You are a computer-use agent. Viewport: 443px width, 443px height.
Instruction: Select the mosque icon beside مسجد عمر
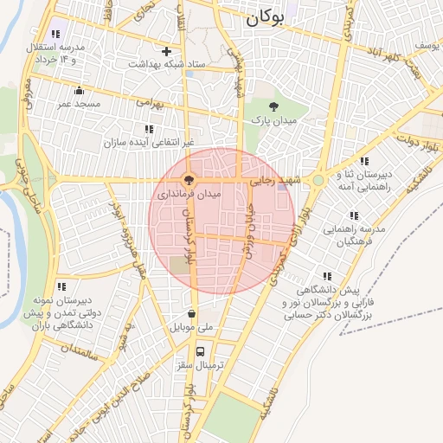coord(80,91)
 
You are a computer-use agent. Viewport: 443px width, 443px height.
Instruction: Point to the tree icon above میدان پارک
coord(273,106)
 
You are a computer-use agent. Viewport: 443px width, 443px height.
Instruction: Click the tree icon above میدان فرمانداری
coord(188,180)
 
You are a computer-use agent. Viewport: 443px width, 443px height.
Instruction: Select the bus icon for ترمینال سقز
coord(201,352)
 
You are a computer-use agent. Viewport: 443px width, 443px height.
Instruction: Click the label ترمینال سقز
coord(201,366)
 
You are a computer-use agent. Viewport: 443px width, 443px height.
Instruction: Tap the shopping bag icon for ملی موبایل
coord(190,314)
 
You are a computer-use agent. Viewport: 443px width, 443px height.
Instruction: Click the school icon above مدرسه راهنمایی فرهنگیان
coord(353,215)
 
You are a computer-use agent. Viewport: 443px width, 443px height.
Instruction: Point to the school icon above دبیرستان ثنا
coord(363,161)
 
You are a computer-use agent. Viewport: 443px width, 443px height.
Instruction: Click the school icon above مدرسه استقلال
coord(57,32)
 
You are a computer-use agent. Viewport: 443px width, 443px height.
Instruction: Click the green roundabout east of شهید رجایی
coord(318,180)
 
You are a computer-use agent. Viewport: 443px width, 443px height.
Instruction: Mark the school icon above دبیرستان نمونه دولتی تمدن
coord(61,286)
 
